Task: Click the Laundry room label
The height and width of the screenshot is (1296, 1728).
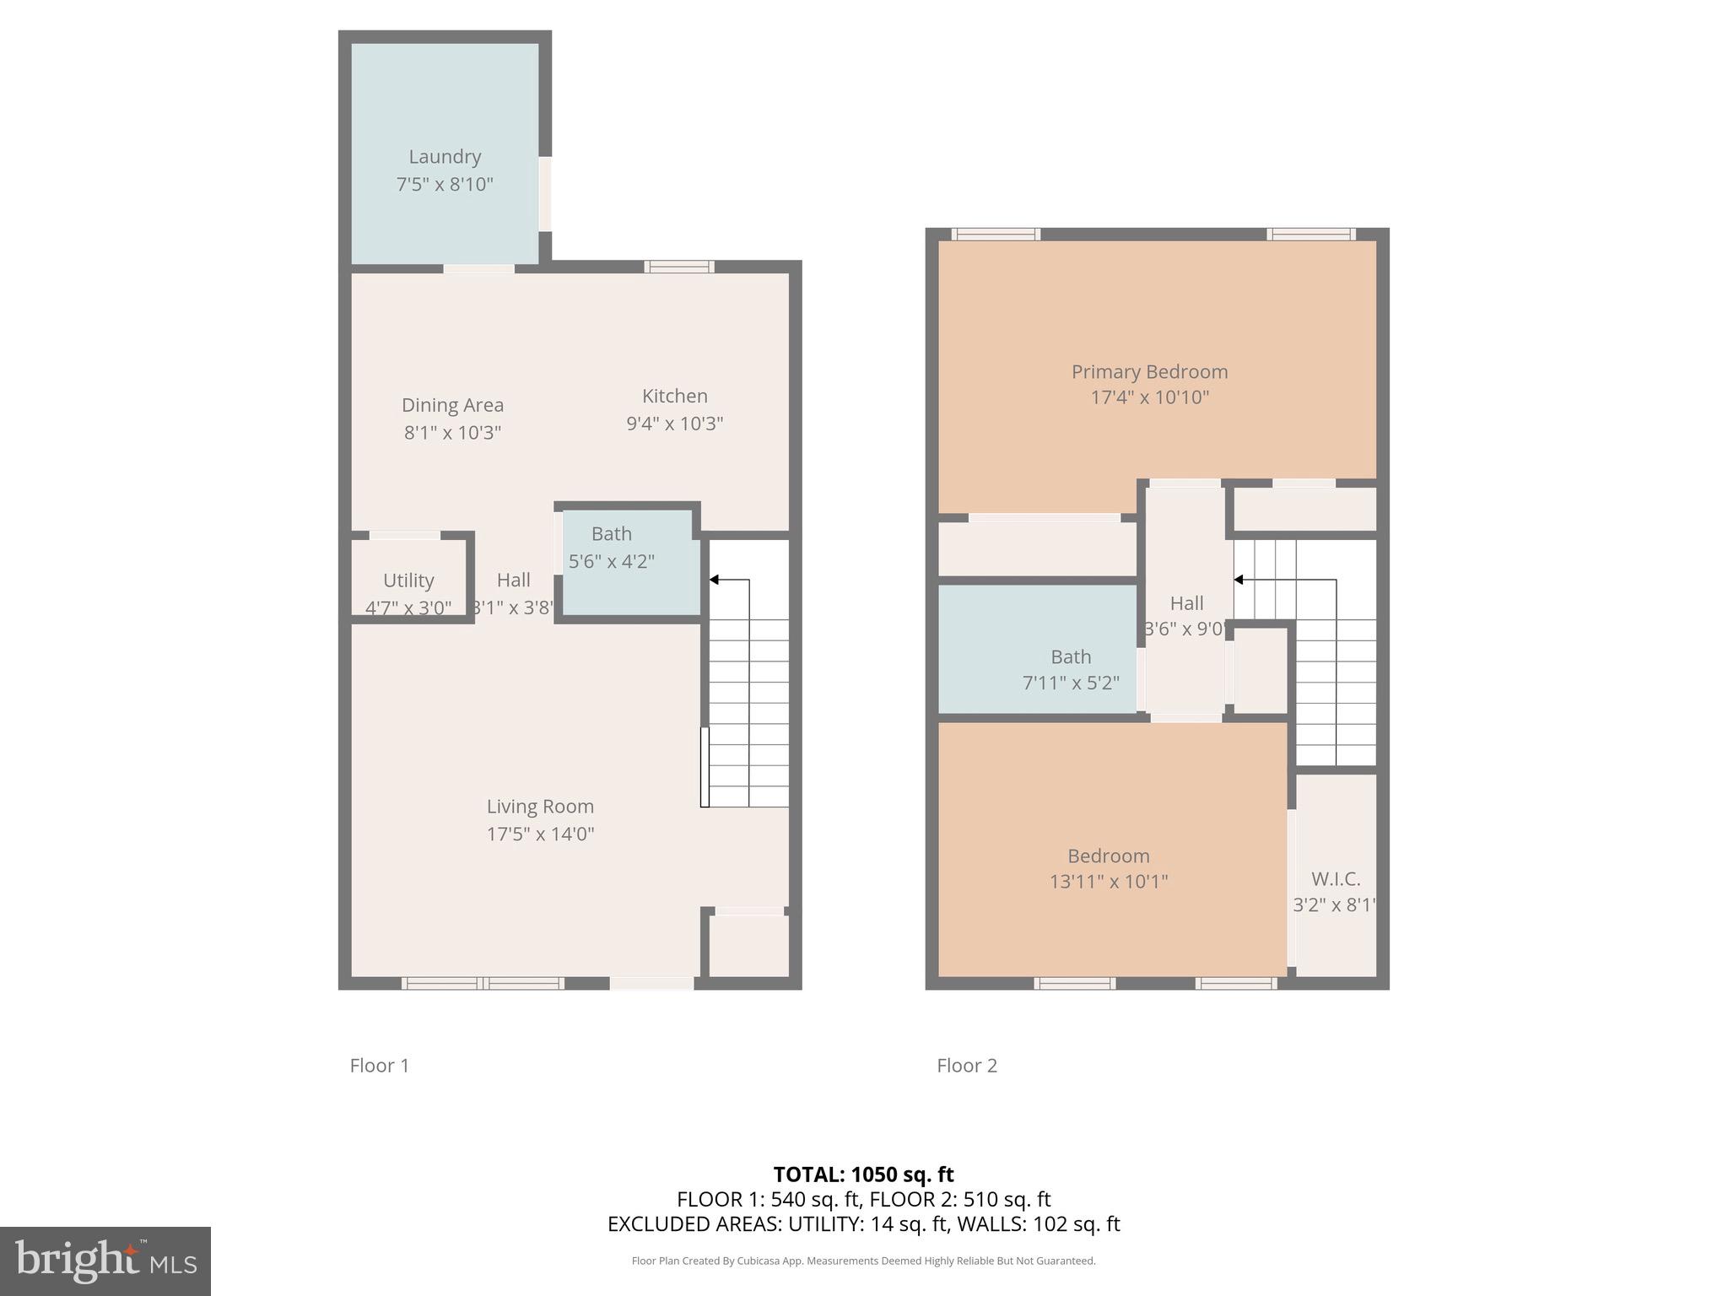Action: tap(445, 157)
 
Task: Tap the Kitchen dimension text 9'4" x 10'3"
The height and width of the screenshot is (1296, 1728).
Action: tap(674, 424)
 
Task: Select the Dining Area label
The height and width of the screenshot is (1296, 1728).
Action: tap(452, 406)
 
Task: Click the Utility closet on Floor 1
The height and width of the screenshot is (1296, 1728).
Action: tap(408, 580)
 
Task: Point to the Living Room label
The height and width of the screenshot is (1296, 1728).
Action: tap(540, 807)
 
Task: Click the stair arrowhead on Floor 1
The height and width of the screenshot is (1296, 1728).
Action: tap(714, 580)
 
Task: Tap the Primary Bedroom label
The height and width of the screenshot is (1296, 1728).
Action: tap(1149, 372)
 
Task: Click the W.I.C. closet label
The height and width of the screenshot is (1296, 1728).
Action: tap(1336, 879)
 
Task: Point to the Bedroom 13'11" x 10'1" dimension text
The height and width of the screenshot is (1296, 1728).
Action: tap(1108, 882)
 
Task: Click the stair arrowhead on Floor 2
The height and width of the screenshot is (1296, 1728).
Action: tap(1239, 580)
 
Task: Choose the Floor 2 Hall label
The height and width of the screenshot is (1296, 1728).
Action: tap(1186, 603)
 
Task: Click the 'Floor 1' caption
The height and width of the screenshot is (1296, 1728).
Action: tap(379, 1066)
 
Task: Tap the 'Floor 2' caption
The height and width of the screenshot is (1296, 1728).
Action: tap(966, 1066)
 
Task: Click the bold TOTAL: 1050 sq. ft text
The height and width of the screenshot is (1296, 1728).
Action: tap(863, 1174)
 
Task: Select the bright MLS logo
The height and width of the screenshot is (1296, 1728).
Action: tap(105, 1261)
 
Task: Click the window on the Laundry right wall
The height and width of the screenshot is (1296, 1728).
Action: tap(545, 193)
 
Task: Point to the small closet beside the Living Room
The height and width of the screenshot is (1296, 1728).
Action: tap(748, 945)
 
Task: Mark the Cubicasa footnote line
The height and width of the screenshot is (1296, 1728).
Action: tap(863, 1261)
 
